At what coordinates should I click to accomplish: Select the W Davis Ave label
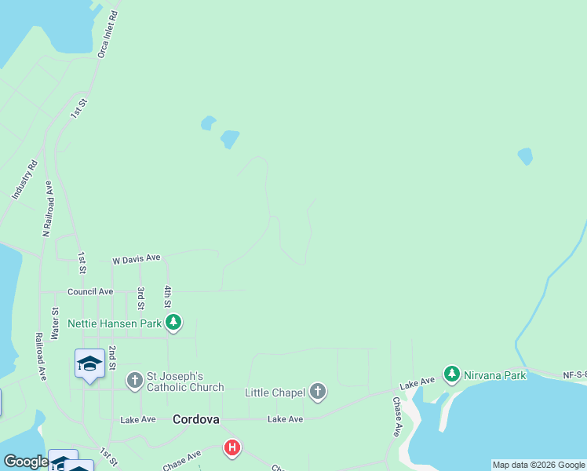[x=137, y=258]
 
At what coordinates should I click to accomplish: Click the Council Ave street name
[x=90, y=291]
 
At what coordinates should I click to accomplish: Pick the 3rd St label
[x=141, y=297]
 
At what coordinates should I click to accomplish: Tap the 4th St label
[x=168, y=297]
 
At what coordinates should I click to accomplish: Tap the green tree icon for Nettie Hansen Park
[x=173, y=323]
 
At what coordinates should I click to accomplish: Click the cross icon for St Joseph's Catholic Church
[x=134, y=381]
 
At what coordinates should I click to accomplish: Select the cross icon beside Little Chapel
[x=317, y=392]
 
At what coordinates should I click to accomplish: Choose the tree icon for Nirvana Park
[x=451, y=374]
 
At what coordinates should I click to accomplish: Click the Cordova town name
[x=195, y=419]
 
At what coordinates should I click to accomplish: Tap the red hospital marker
[x=232, y=448]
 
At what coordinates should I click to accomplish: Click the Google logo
[x=26, y=462]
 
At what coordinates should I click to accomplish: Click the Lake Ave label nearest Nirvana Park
[x=417, y=384]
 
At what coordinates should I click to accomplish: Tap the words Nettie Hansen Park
[x=115, y=323]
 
